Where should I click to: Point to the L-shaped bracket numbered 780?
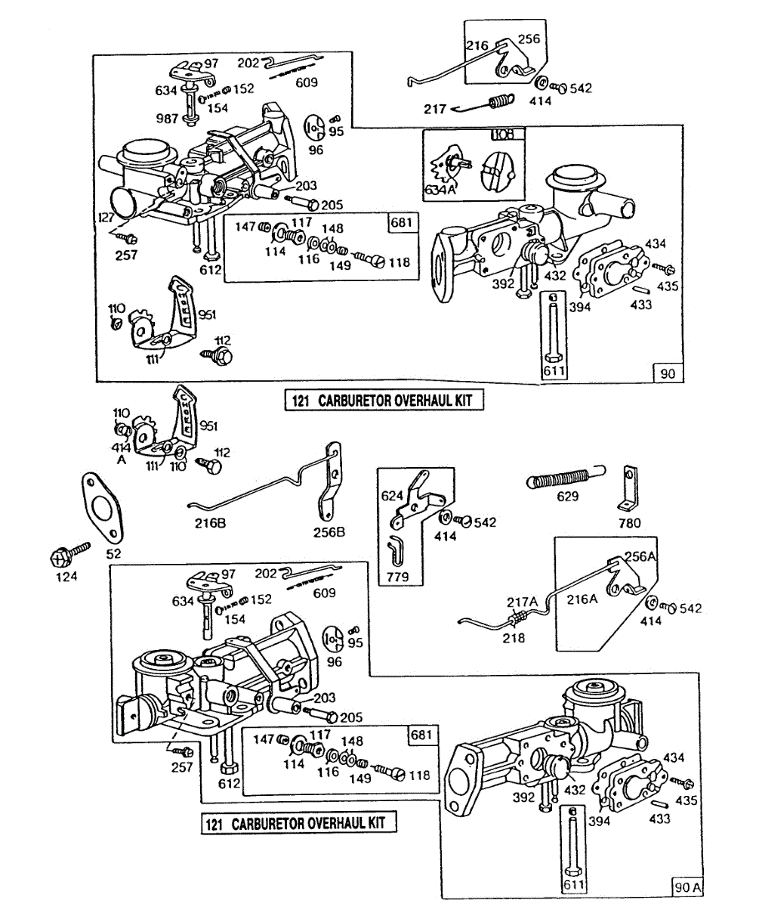pos(627,491)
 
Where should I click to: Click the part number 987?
pos(167,119)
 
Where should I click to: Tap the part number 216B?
pos(211,522)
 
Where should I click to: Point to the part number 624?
pos(393,497)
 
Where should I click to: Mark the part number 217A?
pos(522,602)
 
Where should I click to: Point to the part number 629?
pos(567,497)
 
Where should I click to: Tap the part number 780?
pos(629,522)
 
